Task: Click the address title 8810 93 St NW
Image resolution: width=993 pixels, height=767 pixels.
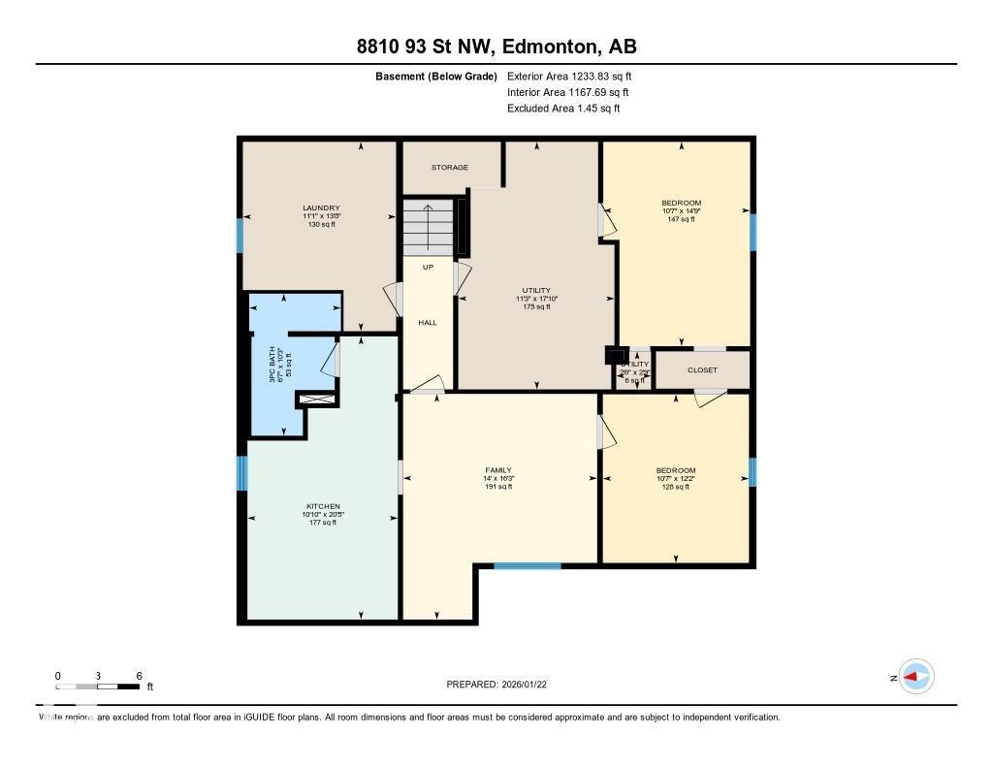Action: (496, 47)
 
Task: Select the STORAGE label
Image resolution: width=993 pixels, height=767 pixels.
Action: (450, 168)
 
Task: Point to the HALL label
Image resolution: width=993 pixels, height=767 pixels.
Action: (428, 323)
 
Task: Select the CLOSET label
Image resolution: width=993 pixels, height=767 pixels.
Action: (702, 370)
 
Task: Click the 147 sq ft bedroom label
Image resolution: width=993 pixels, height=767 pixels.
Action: (681, 211)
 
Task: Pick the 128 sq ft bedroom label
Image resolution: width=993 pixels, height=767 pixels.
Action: (675, 478)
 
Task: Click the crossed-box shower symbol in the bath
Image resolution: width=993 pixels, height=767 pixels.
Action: (316, 399)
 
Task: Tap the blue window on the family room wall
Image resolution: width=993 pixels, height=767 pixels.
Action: (527, 565)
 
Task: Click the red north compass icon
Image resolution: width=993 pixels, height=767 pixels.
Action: (915, 677)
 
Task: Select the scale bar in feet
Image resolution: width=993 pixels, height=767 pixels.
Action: (98, 687)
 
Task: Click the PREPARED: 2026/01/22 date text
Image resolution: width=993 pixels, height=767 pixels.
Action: (502, 685)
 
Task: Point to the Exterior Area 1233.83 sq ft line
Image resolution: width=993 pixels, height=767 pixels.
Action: (569, 76)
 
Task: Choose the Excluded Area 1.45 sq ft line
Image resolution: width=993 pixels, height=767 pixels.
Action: (562, 109)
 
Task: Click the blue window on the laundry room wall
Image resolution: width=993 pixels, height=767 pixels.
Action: (240, 236)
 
